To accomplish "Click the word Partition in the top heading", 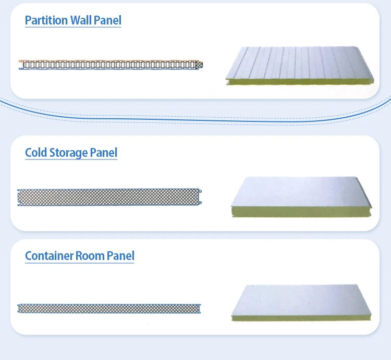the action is pyautogui.click(x=46, y=20).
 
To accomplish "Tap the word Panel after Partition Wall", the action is pyautogui.click(x=108, y=20).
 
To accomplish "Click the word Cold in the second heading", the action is pyautogui.click(x=36, y=153).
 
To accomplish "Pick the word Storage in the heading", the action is pyautogui.click(x=68, y=153).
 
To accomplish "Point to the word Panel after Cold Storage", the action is pyautogui.click(x=104, y=153).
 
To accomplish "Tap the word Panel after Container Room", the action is pyautogui.click(x=121, y=256).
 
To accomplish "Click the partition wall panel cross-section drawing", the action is pyautogui.click(x=111, y=65).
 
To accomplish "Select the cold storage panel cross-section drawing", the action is pyautogui.click(x=110, y=197).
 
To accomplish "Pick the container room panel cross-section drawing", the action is pyautogui.click(x=109, y=308).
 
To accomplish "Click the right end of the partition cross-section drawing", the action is pyautogui.click(x=200, y=65).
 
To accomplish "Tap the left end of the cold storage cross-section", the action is pyautogui.click(x=20, y=197).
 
